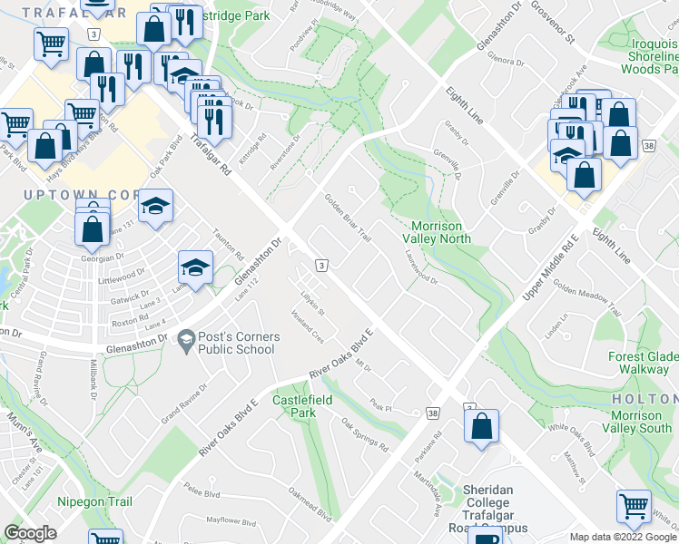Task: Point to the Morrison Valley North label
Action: pos(437,232)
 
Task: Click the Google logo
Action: pos(31,533)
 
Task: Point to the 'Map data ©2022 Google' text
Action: pos(623,537)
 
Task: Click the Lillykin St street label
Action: pos(311,303)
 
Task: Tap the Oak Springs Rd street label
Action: pos(365,435)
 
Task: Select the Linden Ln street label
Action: pos(555,325)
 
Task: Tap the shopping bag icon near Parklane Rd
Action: pos(481,426)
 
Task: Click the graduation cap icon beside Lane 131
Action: pos(156,205)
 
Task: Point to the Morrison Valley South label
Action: pos(644,422)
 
